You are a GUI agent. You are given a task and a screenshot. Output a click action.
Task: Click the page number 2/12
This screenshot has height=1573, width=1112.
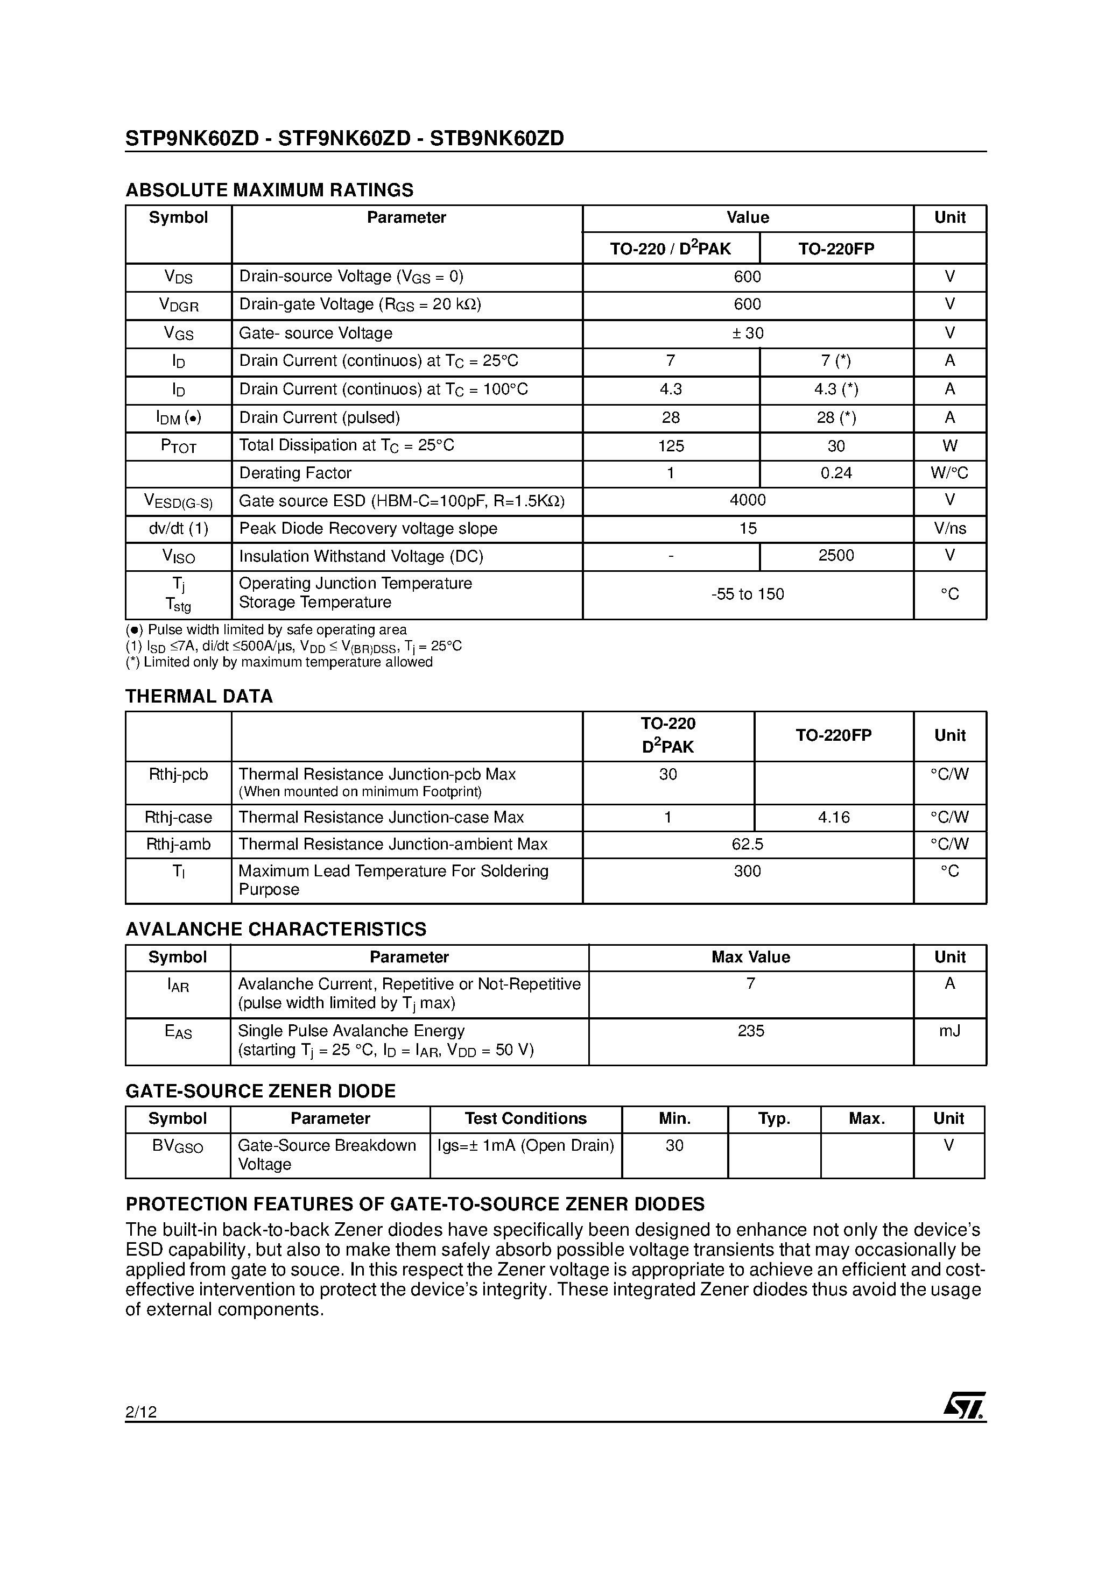pyautogui.click(x=141, y=1412)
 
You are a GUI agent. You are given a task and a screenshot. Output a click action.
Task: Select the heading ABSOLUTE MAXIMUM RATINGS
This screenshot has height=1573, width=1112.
pyautogui.click(x=270, y=190)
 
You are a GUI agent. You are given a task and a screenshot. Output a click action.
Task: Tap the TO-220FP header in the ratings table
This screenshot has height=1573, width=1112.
pyautogui.click(x=836, y=249)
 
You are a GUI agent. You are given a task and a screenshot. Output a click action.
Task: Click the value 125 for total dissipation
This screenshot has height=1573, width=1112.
pyautogui.click(x=671, y=446)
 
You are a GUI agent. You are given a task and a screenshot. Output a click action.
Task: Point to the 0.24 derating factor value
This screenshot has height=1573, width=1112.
pyautogui.click(x=836, y=473)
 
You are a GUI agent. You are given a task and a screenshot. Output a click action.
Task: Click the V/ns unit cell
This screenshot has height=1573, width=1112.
pyautogui.click(x=949, y=528)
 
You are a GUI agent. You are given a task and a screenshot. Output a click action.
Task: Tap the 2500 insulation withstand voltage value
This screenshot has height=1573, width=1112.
pyautogui.click(x=836, y=556)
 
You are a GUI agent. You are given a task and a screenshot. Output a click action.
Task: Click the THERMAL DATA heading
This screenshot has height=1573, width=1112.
pyautogui.click(x=199, y=696)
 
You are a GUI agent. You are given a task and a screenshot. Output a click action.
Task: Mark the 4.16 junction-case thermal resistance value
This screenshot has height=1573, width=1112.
pyautogui.click(x=834, y=817)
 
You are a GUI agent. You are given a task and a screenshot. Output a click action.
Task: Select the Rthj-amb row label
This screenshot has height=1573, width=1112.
pyautogui.click(x=178, y=844)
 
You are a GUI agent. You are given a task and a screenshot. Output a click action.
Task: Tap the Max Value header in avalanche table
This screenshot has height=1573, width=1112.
pyautogui.click(x=751, y=957)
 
